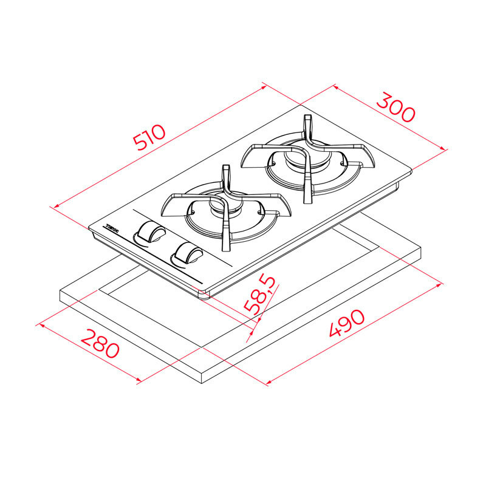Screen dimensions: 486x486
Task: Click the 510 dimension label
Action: [x=149, y=138]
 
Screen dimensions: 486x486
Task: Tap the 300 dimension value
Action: [x=395, y=107]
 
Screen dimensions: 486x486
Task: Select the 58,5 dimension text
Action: [x=261, y=295]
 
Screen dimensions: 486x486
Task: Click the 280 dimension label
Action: [x=101, y=344]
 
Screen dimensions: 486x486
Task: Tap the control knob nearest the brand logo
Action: [x=149, y=232]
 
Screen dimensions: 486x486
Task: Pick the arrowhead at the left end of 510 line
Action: [x=54, y=207]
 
